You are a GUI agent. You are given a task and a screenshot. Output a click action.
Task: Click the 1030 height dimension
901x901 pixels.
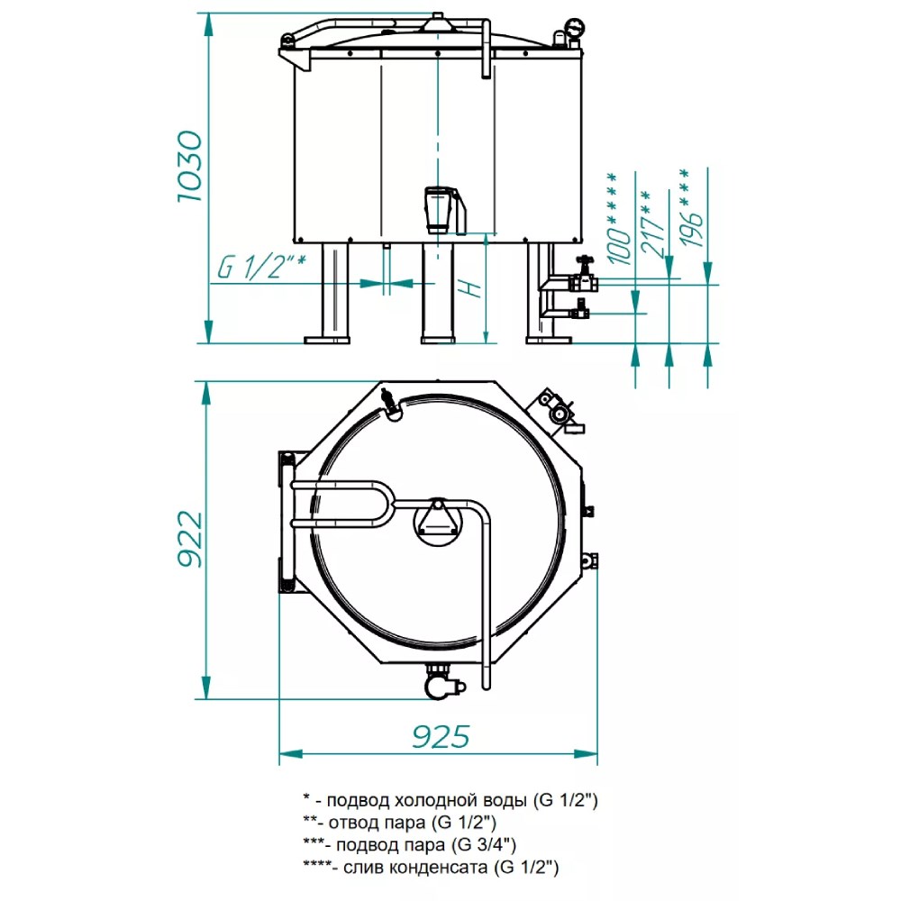pyautogui.click(x=189, y=167)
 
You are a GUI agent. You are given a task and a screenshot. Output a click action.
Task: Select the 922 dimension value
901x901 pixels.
pyautogui.click(x=190, y=539)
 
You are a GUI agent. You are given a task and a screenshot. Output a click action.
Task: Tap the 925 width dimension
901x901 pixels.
pyautogui.click(x=441, y=736)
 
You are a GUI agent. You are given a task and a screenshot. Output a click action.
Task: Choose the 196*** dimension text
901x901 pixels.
pyautogui.click(x=691, y=207)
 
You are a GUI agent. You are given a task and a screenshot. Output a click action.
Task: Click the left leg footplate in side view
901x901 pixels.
pyautogui.click(x=326, y=341)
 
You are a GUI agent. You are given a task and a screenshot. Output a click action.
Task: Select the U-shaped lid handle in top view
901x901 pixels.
pyautogui.click(x=342, y=504)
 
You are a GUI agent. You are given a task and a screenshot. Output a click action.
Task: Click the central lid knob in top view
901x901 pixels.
pyautogui.click(x=438, y=522)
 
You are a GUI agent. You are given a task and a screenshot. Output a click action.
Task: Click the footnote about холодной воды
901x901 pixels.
pyautogui.click(x=450, y=800)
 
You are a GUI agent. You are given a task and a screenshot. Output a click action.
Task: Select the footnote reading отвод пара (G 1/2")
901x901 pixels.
pyautogui.click(x=399, y=823)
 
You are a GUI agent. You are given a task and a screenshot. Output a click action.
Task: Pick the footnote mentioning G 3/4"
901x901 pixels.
pyautogui.click(x=410, y=845)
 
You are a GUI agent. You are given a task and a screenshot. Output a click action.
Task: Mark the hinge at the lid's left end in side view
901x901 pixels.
pyautogui.click(x=287, y=41)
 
